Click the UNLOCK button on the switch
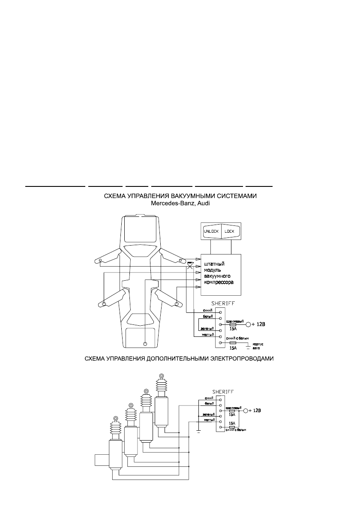211,231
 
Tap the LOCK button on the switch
231,231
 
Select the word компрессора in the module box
219,283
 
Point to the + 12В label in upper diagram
258,324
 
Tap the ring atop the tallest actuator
162,376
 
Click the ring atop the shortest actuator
116,418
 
